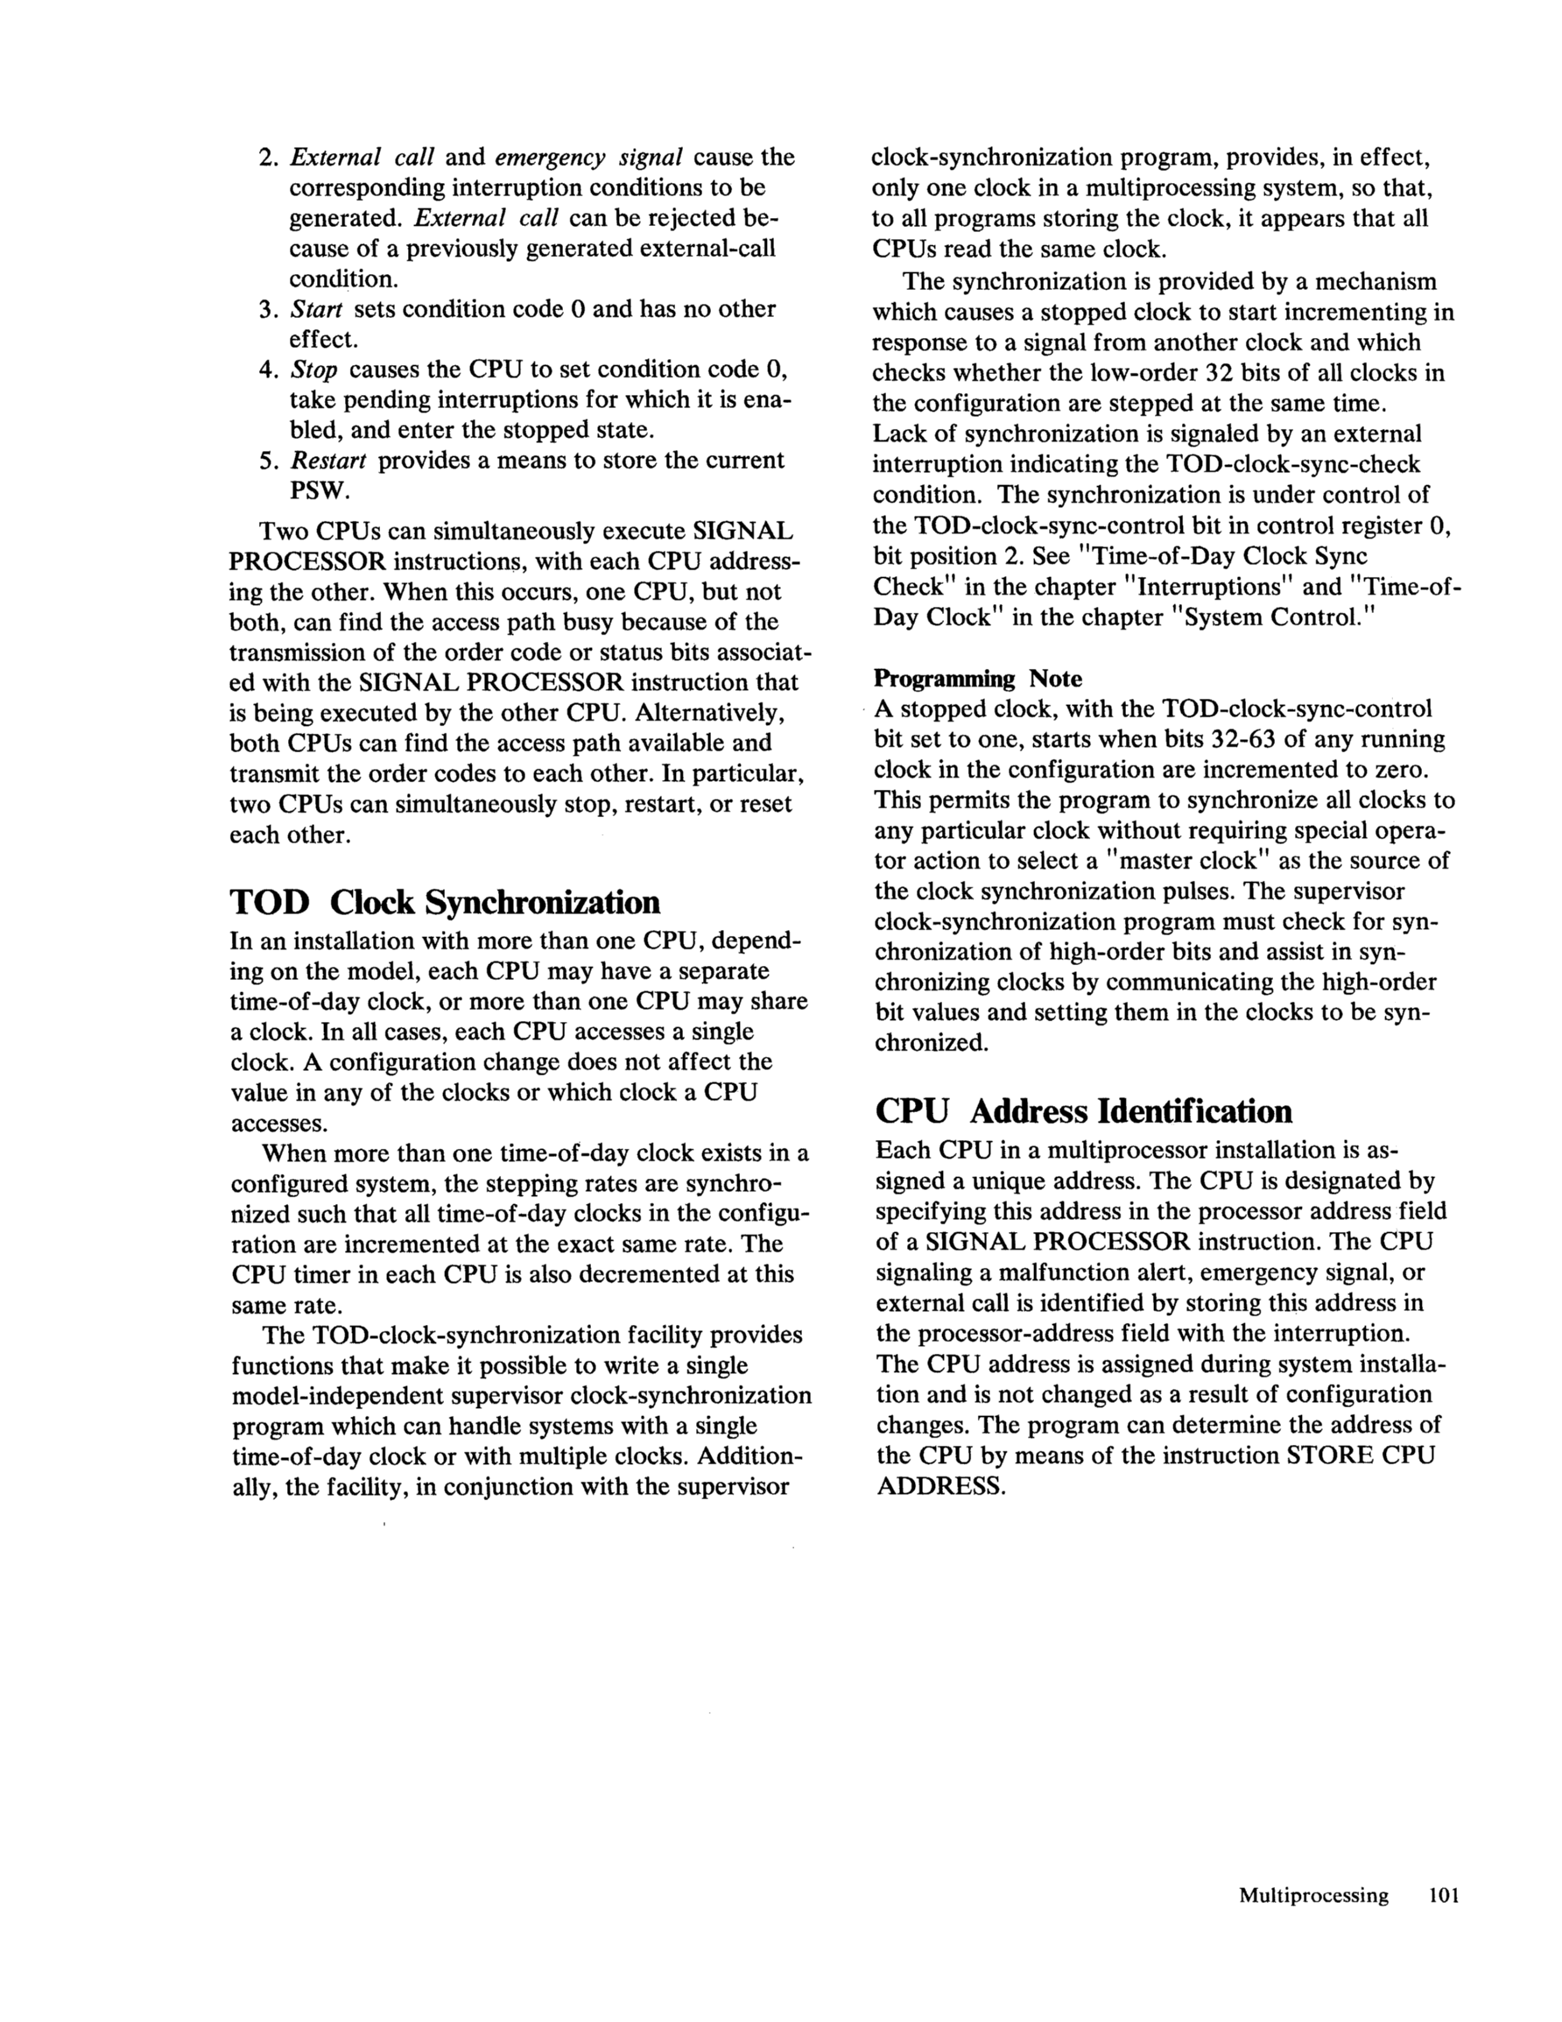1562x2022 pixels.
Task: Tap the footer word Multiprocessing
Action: click(x=1313, y=1894)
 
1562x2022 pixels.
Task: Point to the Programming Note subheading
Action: click(x=978, y=679)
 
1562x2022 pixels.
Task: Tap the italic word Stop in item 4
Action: click(x=313, y=370)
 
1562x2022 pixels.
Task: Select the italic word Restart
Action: click(x=328, y=461)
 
